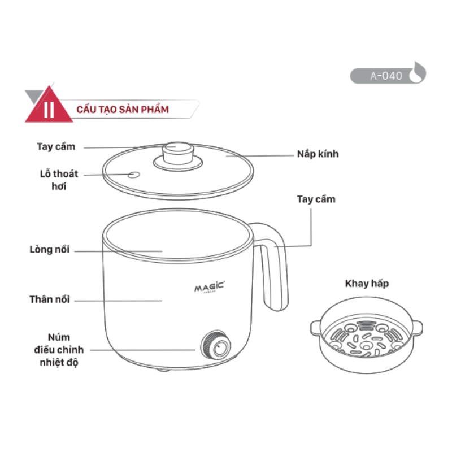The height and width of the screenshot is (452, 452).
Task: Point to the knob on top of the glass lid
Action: click(x=177, y=151)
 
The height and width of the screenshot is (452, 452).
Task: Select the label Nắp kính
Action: click(x=318, y=154)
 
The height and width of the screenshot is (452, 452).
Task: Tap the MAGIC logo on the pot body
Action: click(x=210, y=287)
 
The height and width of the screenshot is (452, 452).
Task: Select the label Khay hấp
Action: click(x=367, y=283)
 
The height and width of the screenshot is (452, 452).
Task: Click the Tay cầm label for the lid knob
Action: click(x=56, y=146)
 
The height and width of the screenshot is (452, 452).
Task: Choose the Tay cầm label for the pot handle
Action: click(x=316, y=199)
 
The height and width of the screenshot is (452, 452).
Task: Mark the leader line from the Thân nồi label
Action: click(x=119, y=301)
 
